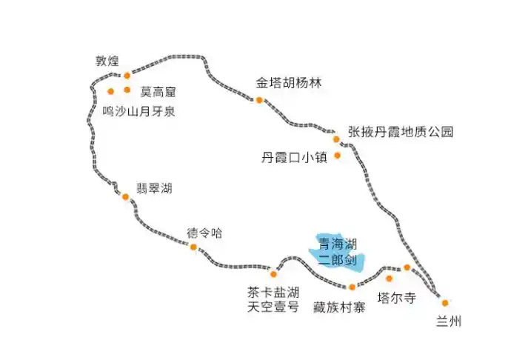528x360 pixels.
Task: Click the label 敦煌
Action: pyautogui.click(x=107, y=61)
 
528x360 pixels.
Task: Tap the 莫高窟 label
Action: pyautogui.click(x=158, y=92)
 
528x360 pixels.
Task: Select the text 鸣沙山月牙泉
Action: pyautogui.click(x=138, y=111)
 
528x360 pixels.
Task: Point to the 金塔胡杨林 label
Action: pyautogui.click(x=289, y=83)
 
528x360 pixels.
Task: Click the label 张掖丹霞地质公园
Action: pyautogui.click(x=401, y=132)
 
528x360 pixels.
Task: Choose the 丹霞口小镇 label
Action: pyautogui.click(x=294, y=157)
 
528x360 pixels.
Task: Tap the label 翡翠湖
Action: pyautogui.click(x=154, y=188)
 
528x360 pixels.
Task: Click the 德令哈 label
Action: pyautogui.click(x=204, y=233)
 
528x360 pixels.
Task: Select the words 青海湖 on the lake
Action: pyautogui.click(x=338, y=244)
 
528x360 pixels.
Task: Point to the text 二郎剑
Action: pyautogui.click(x=337, y=260)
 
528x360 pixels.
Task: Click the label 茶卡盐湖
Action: pyautogui.click(x=273, y=293)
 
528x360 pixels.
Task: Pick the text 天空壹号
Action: pyautogui.click(x=273, y=307)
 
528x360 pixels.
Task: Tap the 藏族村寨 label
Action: pyautogui.click(x=339, y=307)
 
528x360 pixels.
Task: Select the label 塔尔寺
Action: pyautogui.click(x=397, y=298)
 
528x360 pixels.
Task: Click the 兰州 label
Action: pyautogui.click(x=449, y=321)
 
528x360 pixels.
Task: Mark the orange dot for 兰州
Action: pyautogui.click(x=445, y=303)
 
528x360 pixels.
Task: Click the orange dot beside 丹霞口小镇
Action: pyautogui.click(x=338, y=156)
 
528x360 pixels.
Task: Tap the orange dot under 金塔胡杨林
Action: pyautogui.click(x=259, y=100)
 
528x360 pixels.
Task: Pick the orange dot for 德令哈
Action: pyautogui.click(x=193, y=247)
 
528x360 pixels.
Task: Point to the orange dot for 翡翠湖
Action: pyautogui.click(x=126, y=197)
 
